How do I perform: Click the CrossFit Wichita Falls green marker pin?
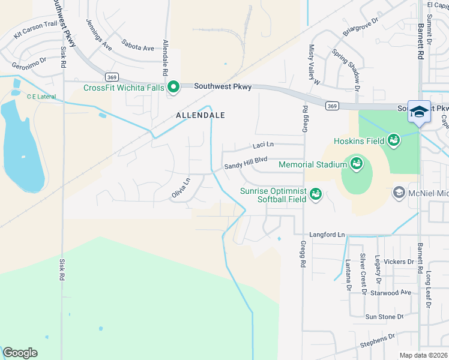tap(173, 88)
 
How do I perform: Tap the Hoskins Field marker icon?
tap(394, 140)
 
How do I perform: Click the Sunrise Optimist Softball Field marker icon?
tap(315, 194)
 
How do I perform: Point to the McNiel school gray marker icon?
tap(398, 193)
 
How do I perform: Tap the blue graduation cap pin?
tap(419, 112)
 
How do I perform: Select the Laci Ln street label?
tap(263, 145)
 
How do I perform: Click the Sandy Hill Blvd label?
tap(245, 161)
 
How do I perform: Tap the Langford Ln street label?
tap(327, 235)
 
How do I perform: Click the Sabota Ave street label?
tap(137, 46)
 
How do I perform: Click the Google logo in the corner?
tap(20, 353)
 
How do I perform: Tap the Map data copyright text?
tap(424, 355)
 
